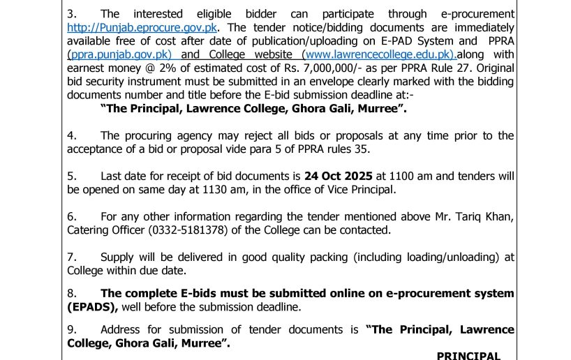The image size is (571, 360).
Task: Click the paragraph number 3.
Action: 71,14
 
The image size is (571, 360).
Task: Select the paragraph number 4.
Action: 71,135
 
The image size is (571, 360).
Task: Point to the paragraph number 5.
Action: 71,175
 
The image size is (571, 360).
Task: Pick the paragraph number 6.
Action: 71,216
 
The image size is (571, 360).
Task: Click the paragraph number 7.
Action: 71,257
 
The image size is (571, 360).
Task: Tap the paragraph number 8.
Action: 71,293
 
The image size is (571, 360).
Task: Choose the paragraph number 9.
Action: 71,329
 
